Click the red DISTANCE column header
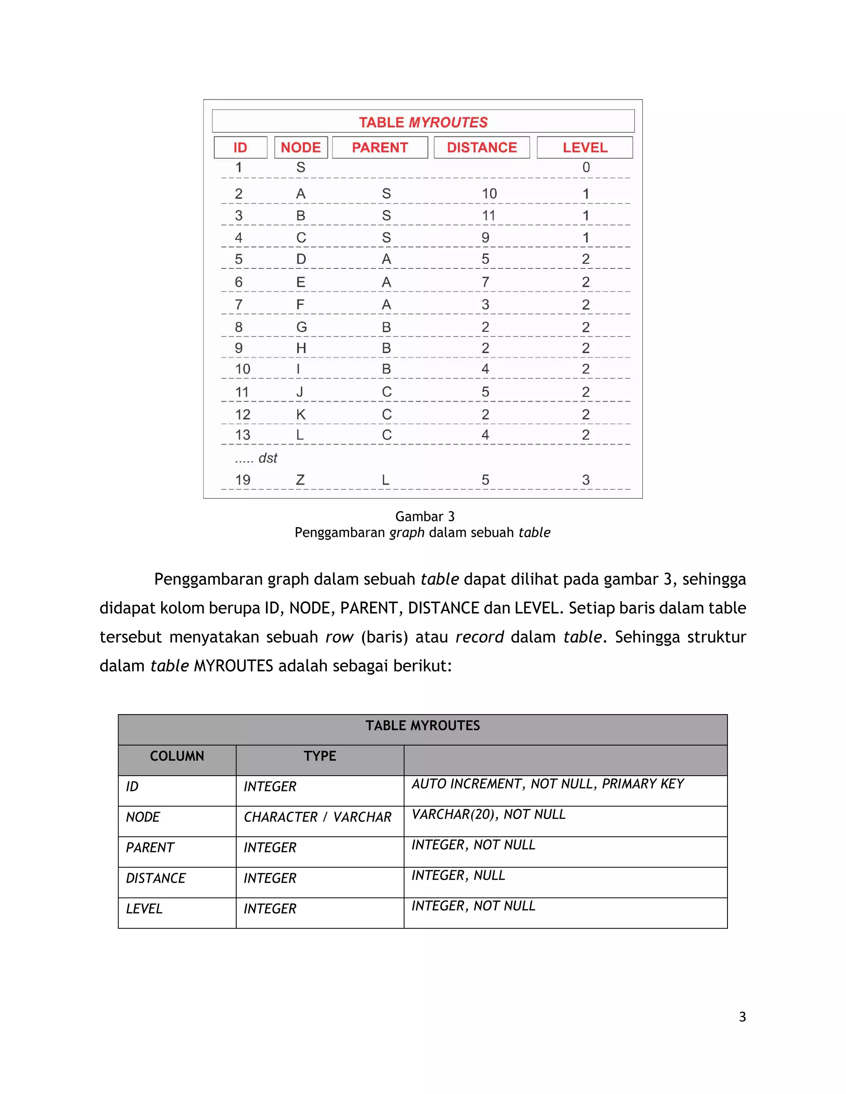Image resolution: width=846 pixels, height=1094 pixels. [x=482, y=147]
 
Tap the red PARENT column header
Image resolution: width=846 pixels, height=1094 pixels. [x=380, y=147]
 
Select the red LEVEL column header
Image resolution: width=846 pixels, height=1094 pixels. [x=585, y=147]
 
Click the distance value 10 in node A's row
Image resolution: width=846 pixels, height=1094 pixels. [x=489, y=194]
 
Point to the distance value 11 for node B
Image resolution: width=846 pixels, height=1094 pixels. [x=489, y=216]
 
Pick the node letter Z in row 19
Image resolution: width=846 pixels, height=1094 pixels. [x=300, y=480]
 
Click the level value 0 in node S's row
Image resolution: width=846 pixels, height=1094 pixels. [x=586, y=167]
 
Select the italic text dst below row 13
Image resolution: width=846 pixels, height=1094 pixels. [x=268, y=458]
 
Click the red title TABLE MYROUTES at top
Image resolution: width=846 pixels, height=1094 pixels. [x=423, y=122]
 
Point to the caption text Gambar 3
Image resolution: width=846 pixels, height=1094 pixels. [x=425, y=516]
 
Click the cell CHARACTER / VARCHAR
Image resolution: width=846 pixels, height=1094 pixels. [x=317, y=817]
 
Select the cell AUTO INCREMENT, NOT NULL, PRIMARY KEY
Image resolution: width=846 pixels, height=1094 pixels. [x=547, y=784]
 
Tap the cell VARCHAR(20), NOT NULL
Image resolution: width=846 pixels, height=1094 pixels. [x=488, y=815]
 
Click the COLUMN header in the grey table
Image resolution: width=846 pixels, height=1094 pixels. [x=177, y=756]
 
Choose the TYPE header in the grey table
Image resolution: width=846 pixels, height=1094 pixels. [x=320, y=756]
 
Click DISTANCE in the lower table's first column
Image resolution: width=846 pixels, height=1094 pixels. [x=156, y=878]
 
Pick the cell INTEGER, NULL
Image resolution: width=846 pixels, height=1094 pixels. [x=458, y=875]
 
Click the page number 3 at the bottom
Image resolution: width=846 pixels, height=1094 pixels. [x=742, y=1017]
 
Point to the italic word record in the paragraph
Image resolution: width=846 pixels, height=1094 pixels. [x=479, y=637]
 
